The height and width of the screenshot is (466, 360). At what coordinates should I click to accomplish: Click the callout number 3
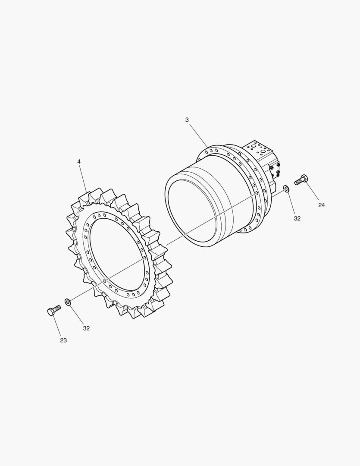point(187,120)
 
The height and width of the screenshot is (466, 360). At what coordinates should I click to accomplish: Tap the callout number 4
point(79,161)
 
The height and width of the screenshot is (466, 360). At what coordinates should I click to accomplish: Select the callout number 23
point(63,340)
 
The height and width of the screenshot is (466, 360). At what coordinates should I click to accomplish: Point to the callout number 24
point(321,205)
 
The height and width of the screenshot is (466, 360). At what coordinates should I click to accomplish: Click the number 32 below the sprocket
point(86,328)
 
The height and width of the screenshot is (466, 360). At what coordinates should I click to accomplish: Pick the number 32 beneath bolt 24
point(297,218)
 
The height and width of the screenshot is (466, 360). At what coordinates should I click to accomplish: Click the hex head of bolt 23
point(51,312)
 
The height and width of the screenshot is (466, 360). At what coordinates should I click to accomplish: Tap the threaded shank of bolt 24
point(298,181)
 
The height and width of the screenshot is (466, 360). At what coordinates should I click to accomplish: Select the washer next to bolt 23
point(67,302)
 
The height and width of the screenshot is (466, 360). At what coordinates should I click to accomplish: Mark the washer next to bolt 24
point(287,189)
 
